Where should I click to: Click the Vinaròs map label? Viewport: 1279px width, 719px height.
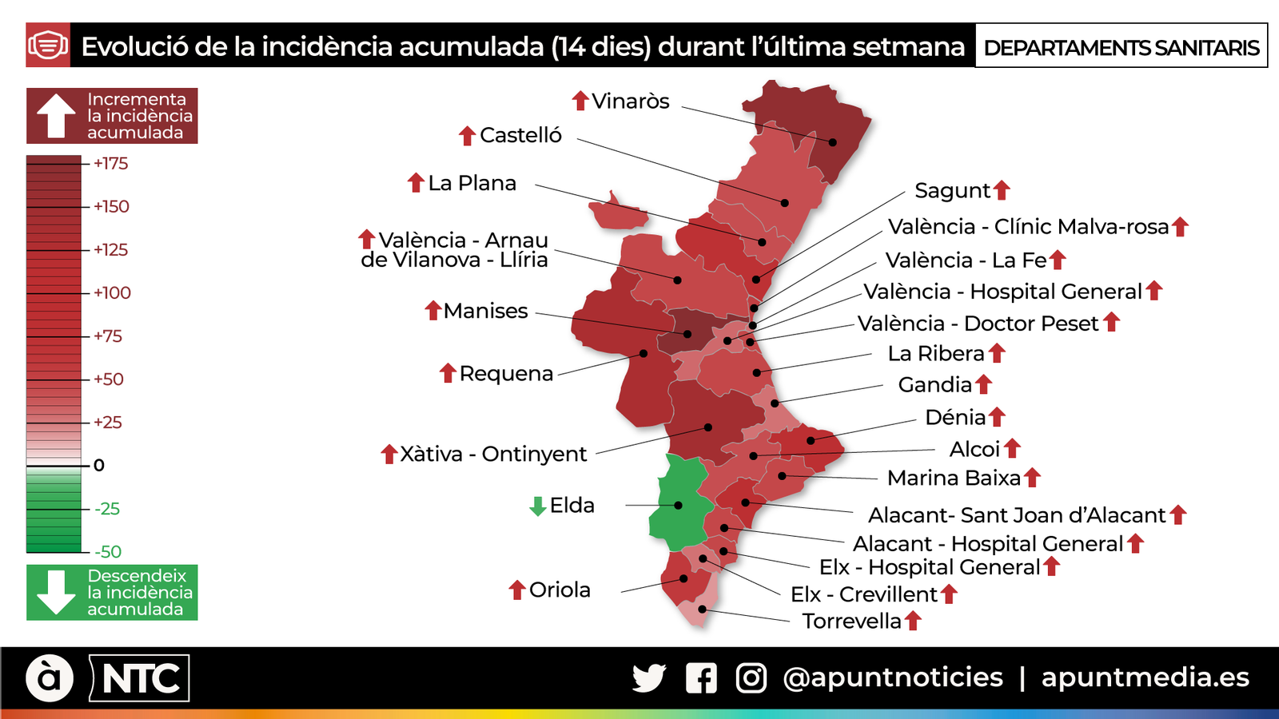click(x=630, y=101)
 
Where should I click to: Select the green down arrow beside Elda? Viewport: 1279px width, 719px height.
click(x=538, y=506)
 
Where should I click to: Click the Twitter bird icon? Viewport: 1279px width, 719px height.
click(x=648, y=678)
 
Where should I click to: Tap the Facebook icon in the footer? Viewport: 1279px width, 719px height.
click(x=701, y=678)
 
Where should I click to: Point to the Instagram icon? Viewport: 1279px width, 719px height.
click(x=751, y=678)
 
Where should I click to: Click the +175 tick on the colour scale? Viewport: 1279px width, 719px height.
click(x=110, y=164)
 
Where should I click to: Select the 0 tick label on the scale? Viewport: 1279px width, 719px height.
click(x=99, y=465)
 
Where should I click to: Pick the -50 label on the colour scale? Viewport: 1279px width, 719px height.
click(x=108, y=551)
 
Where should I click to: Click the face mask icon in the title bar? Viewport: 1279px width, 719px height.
click(x=48, y=46)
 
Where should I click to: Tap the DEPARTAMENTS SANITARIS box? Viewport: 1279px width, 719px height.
click(x=1121, y=47)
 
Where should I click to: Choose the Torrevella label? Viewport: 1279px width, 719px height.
click(x=851, y=621)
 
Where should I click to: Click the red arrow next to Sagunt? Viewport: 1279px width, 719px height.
click(x=1002, y=190)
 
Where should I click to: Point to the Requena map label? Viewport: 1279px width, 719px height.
click(x=506, y=373)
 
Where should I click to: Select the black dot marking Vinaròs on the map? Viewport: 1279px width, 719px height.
click(x=832, y=142)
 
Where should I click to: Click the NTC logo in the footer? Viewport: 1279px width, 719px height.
click(x=141, y=679)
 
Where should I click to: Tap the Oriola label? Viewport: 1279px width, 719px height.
click(x=560, y=590)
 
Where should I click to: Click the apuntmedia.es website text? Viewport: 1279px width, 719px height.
click(x=1145, y=677)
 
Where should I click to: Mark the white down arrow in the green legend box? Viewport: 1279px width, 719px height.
click(x=56, y=592)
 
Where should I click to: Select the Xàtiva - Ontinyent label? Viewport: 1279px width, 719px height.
click(x=493, y=454)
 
